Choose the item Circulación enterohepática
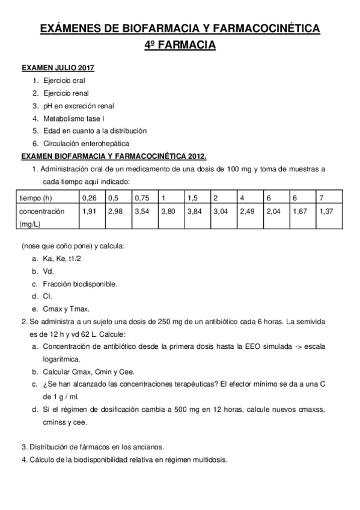pos(87,143)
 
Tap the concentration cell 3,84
pos(195,212)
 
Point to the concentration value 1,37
pos(326,212)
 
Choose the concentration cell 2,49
pos(246,212)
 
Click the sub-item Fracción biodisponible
pos(80,283)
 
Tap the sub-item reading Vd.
pos(49,271)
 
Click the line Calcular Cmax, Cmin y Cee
pos(90,371)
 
